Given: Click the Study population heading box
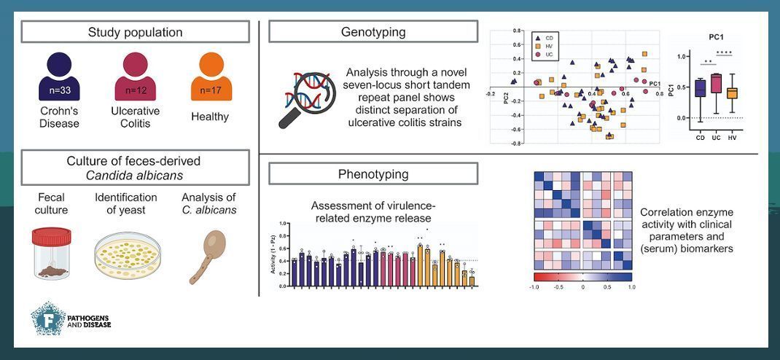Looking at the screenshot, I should (135, 32).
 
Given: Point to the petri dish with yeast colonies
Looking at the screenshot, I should (125, 255).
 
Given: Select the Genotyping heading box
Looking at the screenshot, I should (373, 32).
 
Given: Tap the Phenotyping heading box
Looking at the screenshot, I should (373, 174).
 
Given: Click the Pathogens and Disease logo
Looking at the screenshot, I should (70, 318).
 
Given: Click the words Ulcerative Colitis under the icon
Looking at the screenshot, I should (136, 117).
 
